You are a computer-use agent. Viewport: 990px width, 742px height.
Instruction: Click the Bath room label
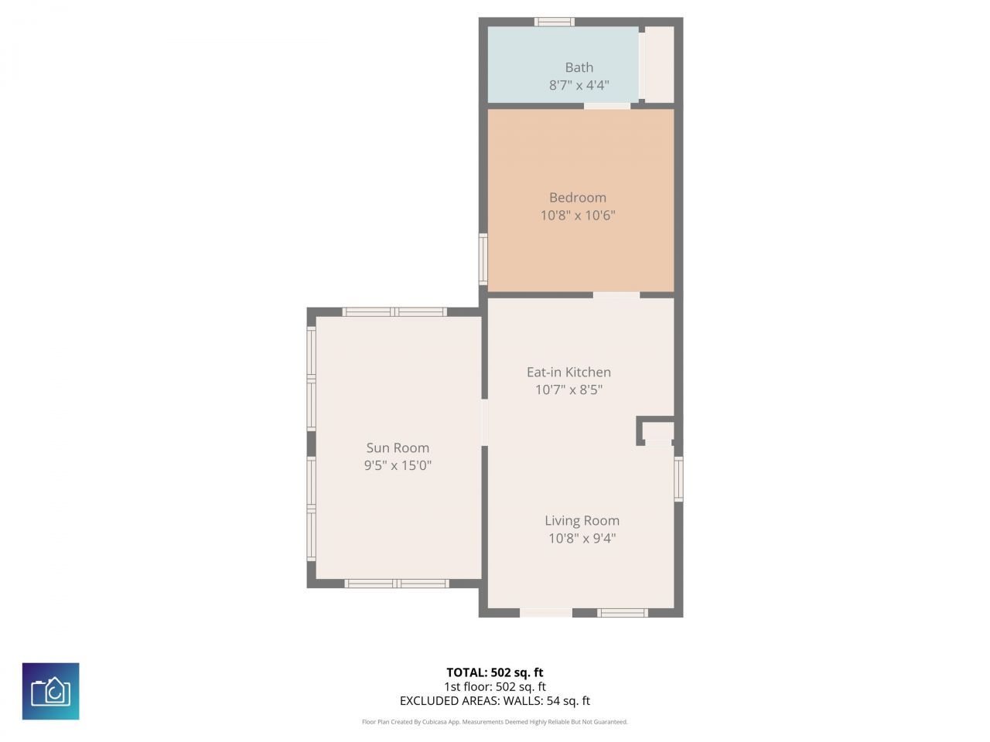[579, 67]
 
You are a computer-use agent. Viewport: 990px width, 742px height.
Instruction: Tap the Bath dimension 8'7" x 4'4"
[579, 85]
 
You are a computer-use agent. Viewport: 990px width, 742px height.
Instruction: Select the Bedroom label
[577, 197]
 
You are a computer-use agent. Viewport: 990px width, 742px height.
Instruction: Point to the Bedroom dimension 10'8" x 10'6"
[577, 215]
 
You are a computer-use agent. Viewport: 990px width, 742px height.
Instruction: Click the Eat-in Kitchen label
[568, 372]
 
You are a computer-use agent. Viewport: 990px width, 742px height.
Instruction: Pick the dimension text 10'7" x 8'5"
[568, 390]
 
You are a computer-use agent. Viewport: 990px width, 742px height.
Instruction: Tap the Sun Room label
[398, 448]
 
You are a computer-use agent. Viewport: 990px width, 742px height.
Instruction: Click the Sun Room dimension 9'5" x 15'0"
[398, 465]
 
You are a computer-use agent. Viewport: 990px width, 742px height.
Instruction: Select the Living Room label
[582, 520]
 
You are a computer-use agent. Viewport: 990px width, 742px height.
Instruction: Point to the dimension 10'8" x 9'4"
[582, 538]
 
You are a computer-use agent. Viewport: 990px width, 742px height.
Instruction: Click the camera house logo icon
[50, 691]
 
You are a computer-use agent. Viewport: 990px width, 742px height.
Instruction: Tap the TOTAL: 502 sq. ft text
[494, 672]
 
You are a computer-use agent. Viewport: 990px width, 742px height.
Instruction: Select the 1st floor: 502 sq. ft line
[494, 686]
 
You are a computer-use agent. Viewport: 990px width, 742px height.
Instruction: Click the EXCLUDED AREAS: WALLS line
[494, 701]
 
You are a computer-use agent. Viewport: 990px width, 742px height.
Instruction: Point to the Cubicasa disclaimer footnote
[494, 722]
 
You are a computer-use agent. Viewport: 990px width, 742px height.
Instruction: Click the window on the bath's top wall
[555, 22]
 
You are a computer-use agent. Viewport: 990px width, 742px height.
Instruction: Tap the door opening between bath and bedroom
[606, 106]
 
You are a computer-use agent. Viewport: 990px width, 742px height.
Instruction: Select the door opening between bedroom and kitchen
[616, 294]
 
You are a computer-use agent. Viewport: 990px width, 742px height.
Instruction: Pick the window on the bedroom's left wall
[483, 260]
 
